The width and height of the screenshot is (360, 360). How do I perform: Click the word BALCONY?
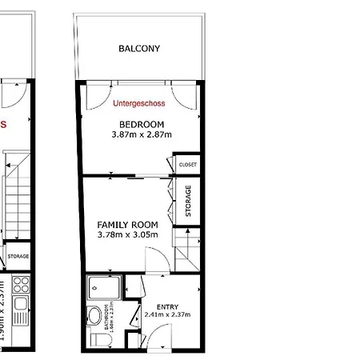coord(139,49)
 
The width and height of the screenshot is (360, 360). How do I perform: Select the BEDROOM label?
coord(142,124)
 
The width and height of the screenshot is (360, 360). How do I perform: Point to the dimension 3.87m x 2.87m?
coord(142,135)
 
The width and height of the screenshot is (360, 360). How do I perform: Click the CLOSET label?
coord(188,165)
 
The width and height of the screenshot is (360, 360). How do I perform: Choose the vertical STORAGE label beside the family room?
coord(188,201)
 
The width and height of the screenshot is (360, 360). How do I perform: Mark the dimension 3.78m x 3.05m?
coord(127,235)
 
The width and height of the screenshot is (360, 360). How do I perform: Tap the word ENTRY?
coord(168,306)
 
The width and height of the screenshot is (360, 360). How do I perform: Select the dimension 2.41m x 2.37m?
coord(168,315)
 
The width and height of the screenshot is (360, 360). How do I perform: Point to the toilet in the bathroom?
coord(97,341)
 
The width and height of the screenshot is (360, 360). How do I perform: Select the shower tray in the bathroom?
coord(103,286)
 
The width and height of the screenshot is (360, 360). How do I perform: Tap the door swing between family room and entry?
coord(156,260)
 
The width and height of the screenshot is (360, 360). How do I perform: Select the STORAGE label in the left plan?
coord(18,256)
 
